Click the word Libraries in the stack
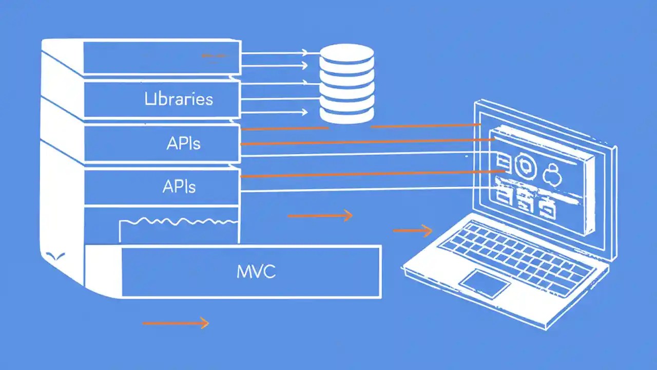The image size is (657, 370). [x=179, y=99]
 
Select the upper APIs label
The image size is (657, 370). [x=183, y=143]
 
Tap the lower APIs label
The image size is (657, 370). [x=179, y=187]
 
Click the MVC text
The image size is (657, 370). [x=256, y=271]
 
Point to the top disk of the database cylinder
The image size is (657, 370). [x=346, y=52]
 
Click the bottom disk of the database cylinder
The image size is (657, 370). [x=346, y=114]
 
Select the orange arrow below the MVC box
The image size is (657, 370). [x=176, y=323]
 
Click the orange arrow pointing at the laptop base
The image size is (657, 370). [x=413, y=231]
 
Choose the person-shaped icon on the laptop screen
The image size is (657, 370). [x=553, y=175]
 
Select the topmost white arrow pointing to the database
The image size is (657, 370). [x=275, y=52]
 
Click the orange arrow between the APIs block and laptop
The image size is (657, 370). [x=320, y=215]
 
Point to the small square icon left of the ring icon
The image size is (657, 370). [x=503, y=163]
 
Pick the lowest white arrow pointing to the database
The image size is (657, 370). [x=275, y=112]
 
